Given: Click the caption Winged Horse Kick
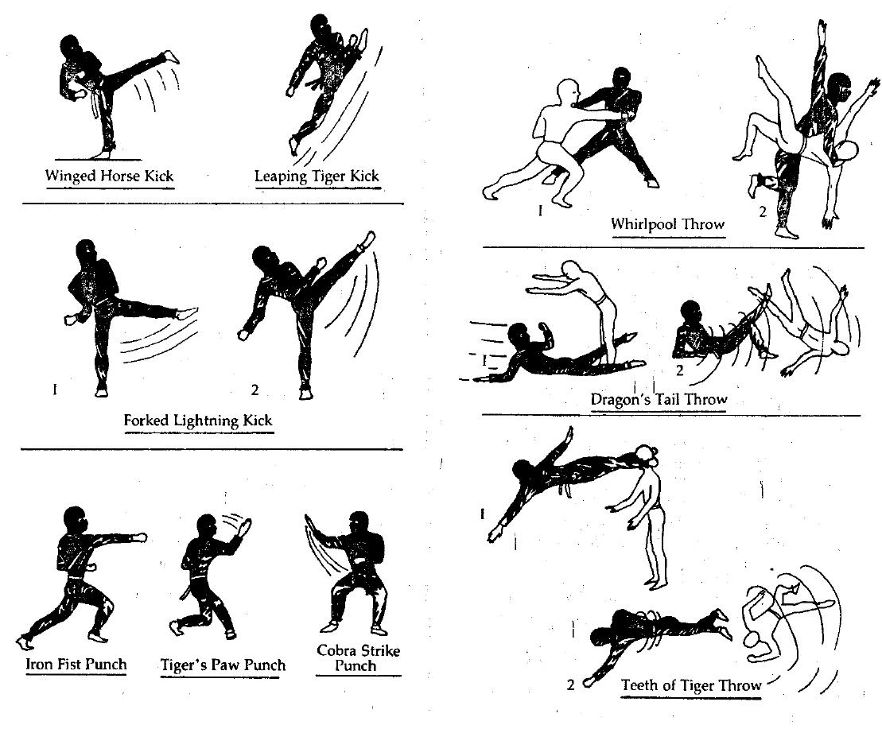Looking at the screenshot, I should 110,175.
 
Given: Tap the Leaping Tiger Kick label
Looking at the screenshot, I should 317,175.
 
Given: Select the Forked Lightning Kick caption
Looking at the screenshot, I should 199,420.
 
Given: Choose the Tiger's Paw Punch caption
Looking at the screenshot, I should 223,664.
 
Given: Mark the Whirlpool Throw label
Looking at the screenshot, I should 668,223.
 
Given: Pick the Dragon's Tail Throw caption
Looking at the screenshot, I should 659,399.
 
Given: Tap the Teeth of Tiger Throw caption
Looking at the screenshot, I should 691,684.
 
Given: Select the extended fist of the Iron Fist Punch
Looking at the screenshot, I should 139,538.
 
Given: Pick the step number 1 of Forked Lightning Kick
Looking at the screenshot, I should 54,390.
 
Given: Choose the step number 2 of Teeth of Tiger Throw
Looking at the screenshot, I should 571,684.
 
